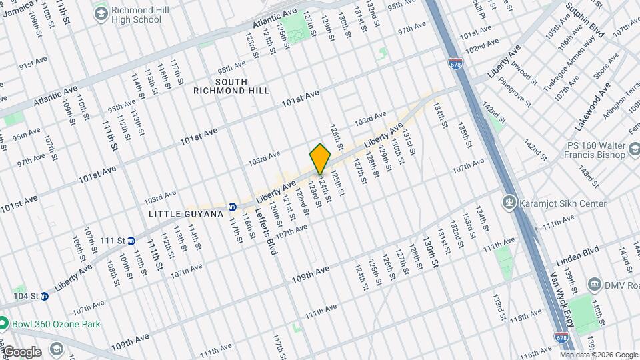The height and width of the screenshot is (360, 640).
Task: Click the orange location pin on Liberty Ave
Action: click(x=320, y=159)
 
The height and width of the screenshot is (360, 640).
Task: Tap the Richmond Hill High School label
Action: click(x=136, y=15)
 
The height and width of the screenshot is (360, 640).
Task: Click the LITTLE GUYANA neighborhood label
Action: click(x=186, y=214)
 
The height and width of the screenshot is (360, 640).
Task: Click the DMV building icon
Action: click(x=592, y=283)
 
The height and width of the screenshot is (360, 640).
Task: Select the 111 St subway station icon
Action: click(x=132, y=240)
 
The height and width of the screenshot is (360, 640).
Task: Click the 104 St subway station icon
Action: click(x=44, y=295)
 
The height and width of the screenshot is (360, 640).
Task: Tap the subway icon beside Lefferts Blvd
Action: click(x=233, y=207)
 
